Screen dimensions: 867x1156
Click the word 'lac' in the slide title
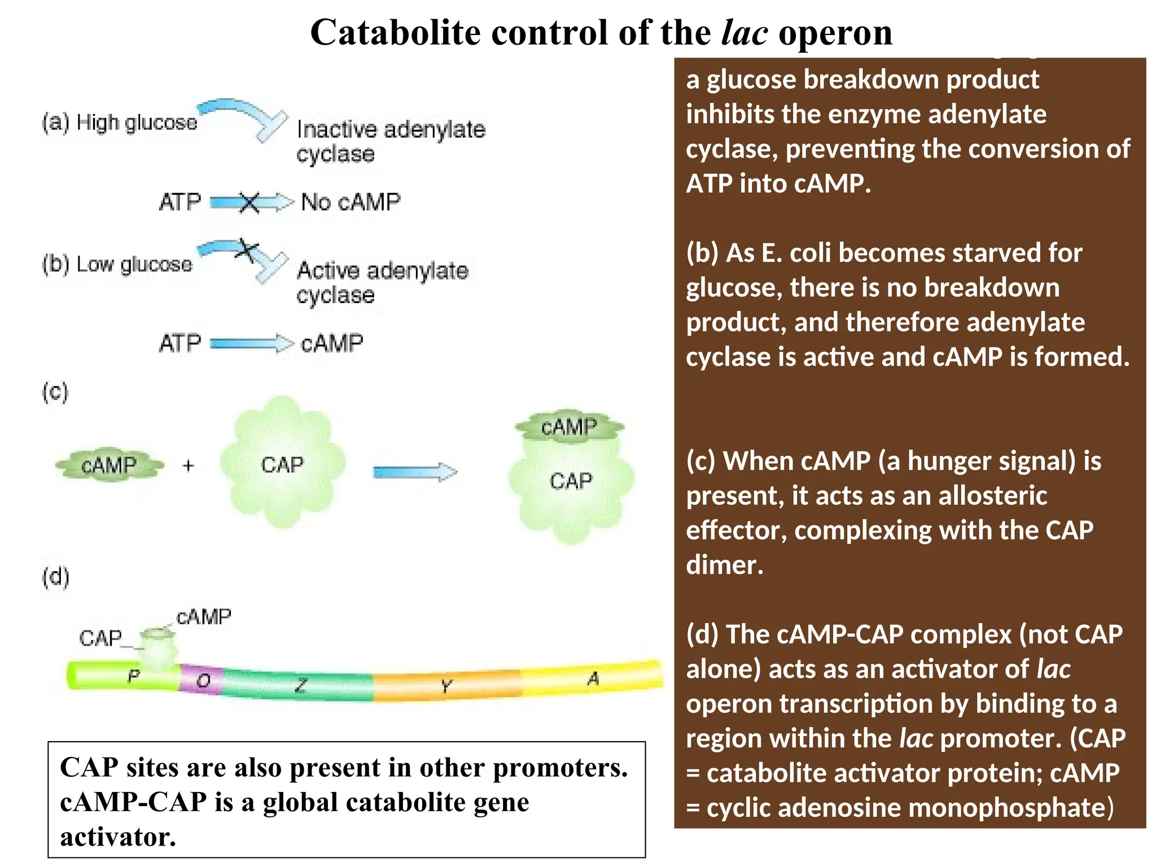[x=744, y=32]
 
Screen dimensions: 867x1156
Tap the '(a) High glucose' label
[x=120, y=122]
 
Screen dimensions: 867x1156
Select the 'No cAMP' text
[x=351, y=202]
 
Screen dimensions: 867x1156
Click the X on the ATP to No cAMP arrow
[x=249, y=202]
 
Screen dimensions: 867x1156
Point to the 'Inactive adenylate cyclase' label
[x=390, y=141]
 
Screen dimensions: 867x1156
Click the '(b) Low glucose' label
[x=117, y=264]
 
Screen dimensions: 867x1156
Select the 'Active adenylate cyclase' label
[x=382, y=282]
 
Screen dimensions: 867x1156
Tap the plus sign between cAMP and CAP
[x=189, y=466]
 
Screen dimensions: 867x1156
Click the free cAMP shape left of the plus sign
[x=109, y=466]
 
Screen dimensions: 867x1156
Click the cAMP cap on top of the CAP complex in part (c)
[x=569, y=426]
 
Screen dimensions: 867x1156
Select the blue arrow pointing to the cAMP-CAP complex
[x=415, y=472]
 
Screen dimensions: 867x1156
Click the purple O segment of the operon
[x=202, y=680]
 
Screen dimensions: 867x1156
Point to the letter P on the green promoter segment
[x=133, y=676]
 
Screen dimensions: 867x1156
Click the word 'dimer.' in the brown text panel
[x=725, y=565]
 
